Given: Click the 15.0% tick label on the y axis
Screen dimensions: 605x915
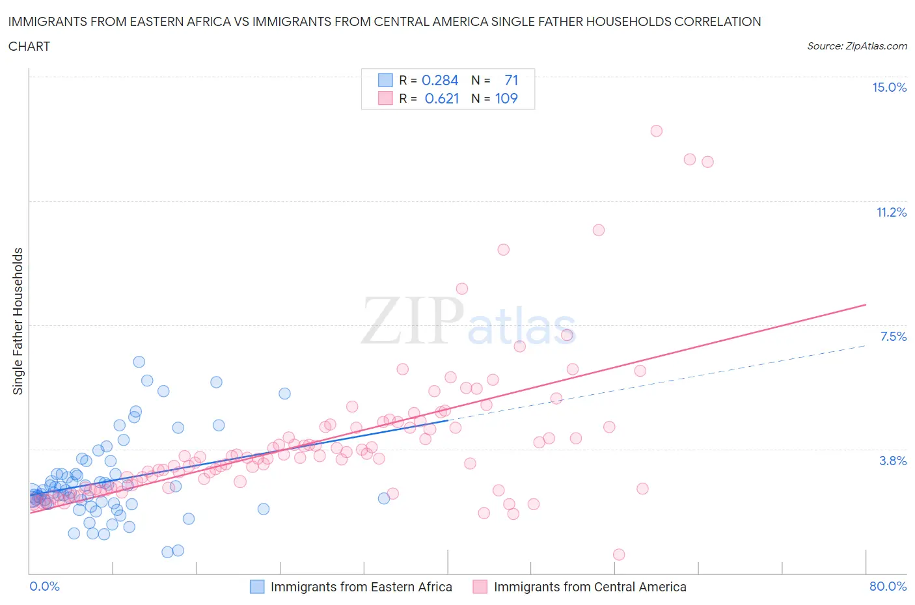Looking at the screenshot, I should click(889, 88).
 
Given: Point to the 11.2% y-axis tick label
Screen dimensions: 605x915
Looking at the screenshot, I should click(891, 212).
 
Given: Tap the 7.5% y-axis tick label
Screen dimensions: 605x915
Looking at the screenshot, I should click(893, 336).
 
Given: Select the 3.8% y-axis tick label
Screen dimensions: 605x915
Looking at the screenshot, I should click(893, 461).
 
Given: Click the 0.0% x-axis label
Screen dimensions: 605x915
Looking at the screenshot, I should click(44, 586).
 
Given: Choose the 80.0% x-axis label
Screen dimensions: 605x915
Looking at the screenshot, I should click(888, 586).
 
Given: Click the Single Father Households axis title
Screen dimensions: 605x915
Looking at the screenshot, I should click(18, 321).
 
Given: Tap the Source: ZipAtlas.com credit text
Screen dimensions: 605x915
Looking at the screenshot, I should click(856, 46).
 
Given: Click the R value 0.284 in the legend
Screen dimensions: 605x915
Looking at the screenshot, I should click(440, 80).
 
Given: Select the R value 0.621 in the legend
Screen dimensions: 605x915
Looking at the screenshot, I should click(442, 98).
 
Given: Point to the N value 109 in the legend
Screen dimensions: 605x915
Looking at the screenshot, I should click(506, 98).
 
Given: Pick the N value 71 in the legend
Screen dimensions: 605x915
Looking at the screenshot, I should click(512, 80).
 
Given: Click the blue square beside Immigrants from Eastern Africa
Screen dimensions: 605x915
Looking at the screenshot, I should click(258, 587).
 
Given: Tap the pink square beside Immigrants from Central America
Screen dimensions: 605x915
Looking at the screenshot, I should click(480, 587).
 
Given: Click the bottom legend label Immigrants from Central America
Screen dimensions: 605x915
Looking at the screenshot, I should click(590, 587).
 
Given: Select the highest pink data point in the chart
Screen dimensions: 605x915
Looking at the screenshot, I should click(656, 131).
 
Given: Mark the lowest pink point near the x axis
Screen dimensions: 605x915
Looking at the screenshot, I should click(619, 554).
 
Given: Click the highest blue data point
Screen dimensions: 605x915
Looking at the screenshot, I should click(139, 362).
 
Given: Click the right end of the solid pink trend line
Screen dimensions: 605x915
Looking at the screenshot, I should click(866, 304).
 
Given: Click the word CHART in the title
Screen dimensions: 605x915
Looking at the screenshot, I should click(29, 46).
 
